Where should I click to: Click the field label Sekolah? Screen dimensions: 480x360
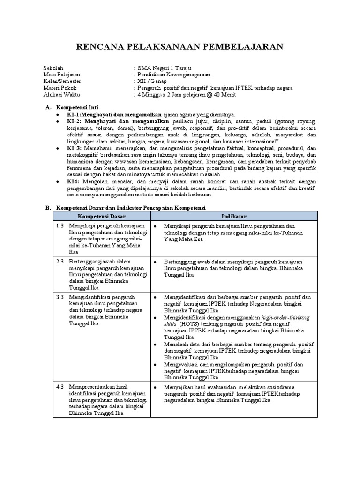(x=53, y=68)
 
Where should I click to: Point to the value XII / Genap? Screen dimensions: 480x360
(x=153, y=81)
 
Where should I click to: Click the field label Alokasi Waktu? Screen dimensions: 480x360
(x=62, y=94)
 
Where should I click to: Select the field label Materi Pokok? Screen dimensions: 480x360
(x=60, y=88)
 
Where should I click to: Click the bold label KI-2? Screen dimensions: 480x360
(x=75, y=121)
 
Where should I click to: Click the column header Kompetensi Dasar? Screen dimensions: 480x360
(x=102, y=216)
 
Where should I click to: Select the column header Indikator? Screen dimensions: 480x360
(x=234, y=216)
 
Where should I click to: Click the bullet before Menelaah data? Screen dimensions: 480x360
(x=155, y=344)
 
